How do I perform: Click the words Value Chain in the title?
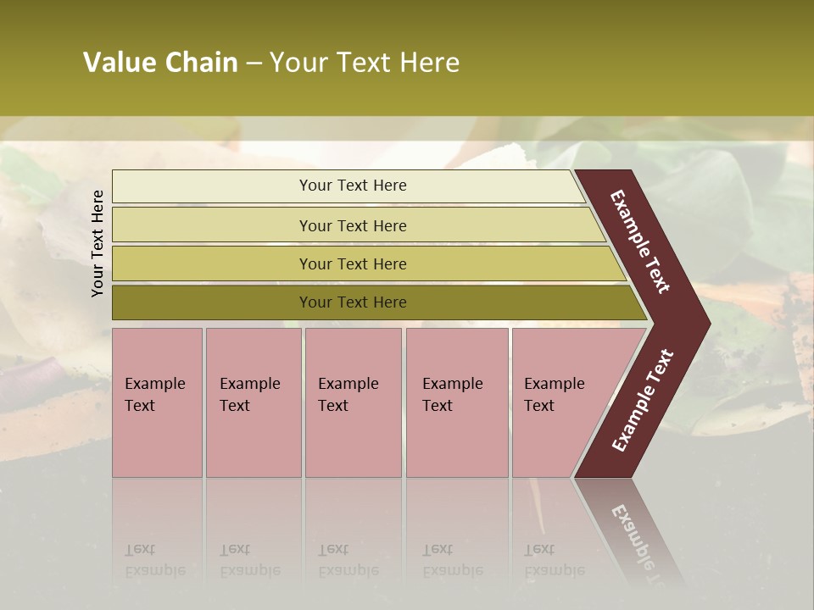pos(160,63)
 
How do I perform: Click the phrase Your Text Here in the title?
pos(365,63)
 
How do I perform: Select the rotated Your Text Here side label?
pos(98,243)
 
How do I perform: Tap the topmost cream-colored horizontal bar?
pos(212,186)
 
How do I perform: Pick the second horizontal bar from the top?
pos(212,225)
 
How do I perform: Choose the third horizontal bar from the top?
pos(212,263)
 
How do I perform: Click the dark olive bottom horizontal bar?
pos(212,302)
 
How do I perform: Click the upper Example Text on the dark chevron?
pos(640,241)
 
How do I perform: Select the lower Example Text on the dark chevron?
pos(643,401)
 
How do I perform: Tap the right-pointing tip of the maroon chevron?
pos(705,323)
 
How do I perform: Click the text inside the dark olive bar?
pos(353,302)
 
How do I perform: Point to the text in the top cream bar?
pos(353,186)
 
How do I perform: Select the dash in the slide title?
pos(254,64)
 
